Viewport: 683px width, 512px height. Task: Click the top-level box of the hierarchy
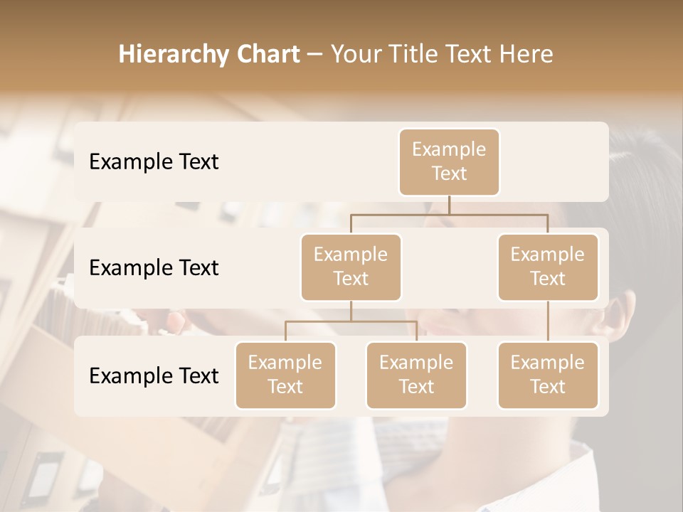pos(449,161)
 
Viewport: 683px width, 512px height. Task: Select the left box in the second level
pos(351,267)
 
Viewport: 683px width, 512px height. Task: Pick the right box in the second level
pos(548,267)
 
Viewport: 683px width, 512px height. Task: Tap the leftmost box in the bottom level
pos(285,375)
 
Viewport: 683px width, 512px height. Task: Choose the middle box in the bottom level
pos(416,375)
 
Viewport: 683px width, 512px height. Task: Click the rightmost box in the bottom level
pos(548,375)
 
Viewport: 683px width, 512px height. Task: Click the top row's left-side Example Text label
pos(154,162)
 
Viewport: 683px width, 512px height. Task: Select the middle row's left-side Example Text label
pos(154,268)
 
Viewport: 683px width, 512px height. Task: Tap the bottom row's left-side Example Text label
pos(154,375)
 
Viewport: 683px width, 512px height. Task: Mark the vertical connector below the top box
pos(449,205)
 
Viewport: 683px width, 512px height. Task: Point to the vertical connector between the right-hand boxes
pos(548,321)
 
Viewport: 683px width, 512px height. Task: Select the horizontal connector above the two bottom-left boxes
pos(351,321)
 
